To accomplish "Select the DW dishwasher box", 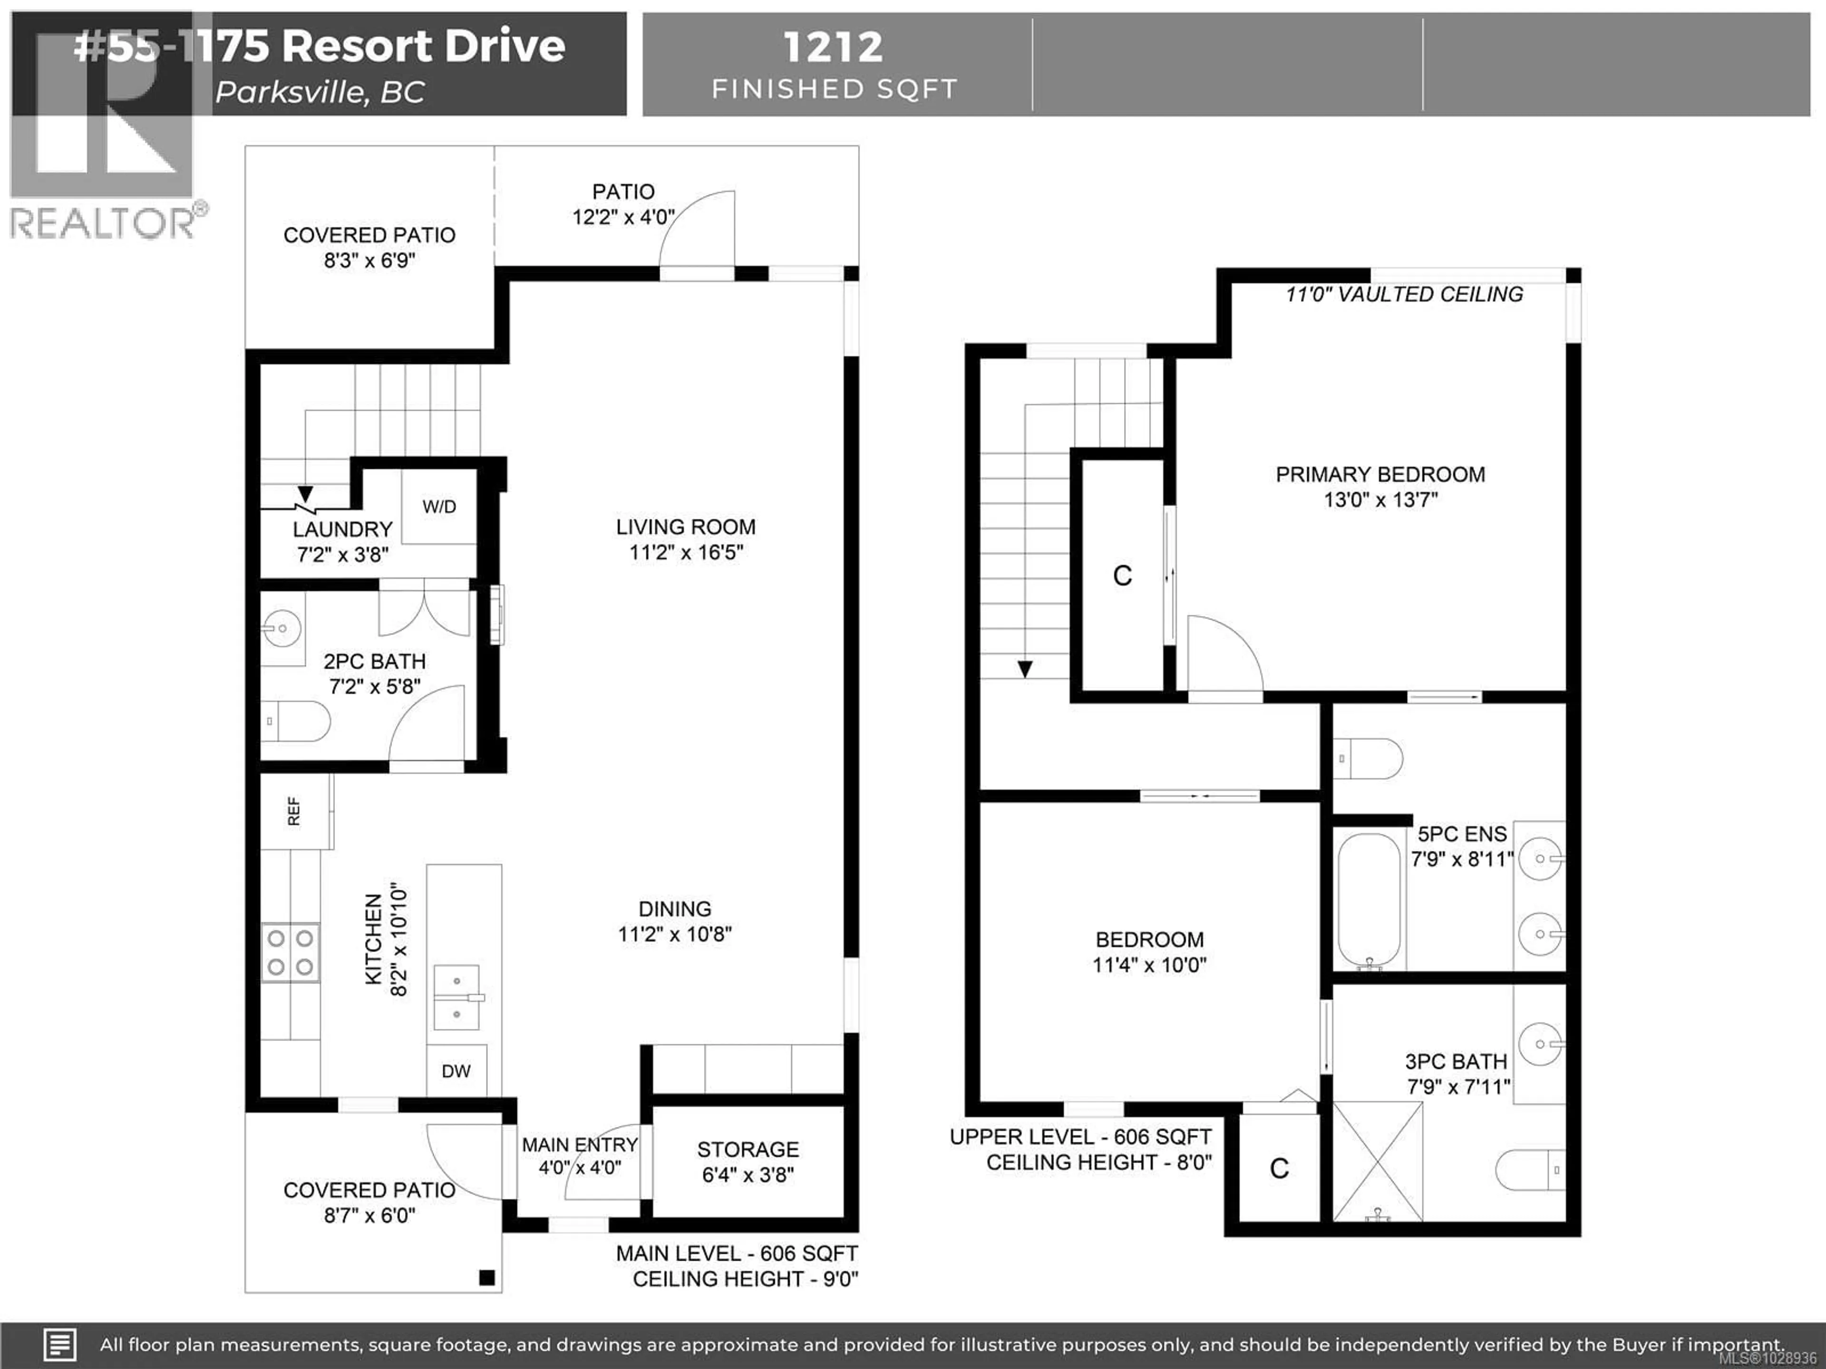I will pos(456,1071).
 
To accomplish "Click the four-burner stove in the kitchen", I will pos(291,952).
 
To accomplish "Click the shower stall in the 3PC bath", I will pos(1378,1162).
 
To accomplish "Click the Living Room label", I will pos(685,527).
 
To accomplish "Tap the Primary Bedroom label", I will pos(1380,474).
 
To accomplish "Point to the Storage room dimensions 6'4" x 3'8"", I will pos(748,1174).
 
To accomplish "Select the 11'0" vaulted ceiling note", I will pos(1403,295).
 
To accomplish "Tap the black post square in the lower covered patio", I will pos(487,1277).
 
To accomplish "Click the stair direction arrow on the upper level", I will pos(1024,668).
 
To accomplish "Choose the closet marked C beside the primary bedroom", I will pos(1122,575).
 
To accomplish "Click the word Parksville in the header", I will pos(289,92).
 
